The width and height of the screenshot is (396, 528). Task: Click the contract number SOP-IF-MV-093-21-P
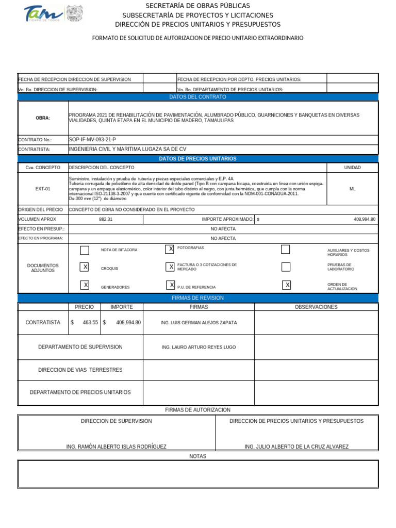click(92, 139)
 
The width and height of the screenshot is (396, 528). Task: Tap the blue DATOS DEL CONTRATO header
click(197, 97)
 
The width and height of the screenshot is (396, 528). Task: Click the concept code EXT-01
click(43, 189)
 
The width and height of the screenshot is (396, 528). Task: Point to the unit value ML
click(352, 189)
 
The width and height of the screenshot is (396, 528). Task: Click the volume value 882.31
click(106, 219)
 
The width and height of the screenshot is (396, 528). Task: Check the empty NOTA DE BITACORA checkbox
click(85, 250)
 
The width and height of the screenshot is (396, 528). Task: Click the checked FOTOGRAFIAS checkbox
click(170, 250)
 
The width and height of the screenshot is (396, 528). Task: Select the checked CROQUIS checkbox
click(85, 267)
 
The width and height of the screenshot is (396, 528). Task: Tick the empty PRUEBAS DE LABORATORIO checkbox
click(286, 267)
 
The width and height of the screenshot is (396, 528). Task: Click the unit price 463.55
click(90, 322)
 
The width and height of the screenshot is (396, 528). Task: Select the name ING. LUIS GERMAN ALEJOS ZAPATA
click(199, 322)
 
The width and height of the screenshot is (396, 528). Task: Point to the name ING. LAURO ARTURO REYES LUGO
click(199, 347)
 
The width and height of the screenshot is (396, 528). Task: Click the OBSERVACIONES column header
click(316, 307)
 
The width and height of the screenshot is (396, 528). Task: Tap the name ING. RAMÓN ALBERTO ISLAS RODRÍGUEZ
click(117, 447)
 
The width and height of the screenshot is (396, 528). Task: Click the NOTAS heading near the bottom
click(197, 456)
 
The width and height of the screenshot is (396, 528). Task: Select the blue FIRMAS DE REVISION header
click(197, 298)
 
